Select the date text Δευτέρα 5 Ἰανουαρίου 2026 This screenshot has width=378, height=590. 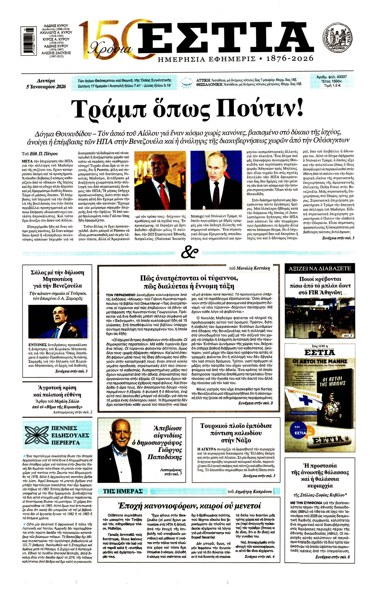[x=46, y=83]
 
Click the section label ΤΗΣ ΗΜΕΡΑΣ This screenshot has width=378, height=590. [x=123, y=491]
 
